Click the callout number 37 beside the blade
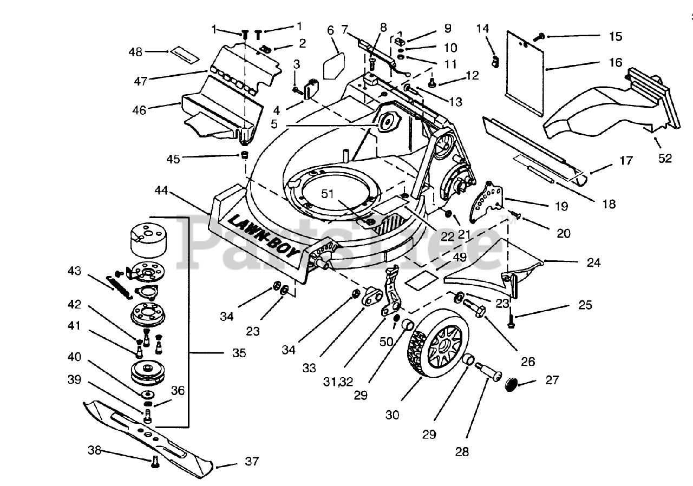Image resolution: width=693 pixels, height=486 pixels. pyautogui.click(x=252, y=462)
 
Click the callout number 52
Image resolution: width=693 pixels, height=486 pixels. pyautogui.click(x=665, y=159)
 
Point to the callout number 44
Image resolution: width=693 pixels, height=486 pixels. pyautogui.click(x=162, y=192)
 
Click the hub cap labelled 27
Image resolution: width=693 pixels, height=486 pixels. pyautogui.click(x=509, y=385)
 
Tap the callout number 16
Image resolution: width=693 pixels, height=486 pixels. pyautogui.click(x=615, y=63)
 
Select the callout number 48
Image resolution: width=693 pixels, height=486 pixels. pyautogui.click(x=135, y=52)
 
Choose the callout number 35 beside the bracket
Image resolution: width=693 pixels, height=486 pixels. pyautogui.click(x=239, y=353)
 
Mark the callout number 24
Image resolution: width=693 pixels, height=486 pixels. pyautogui.click(x=593, y=264)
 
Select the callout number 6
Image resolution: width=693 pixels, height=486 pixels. pyautogui.click(x=330, y=30)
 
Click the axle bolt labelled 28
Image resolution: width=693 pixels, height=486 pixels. pyautogui.click(x=489, y=373)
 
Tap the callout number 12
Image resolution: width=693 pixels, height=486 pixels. pyautogui.click(x=472, y=76)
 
